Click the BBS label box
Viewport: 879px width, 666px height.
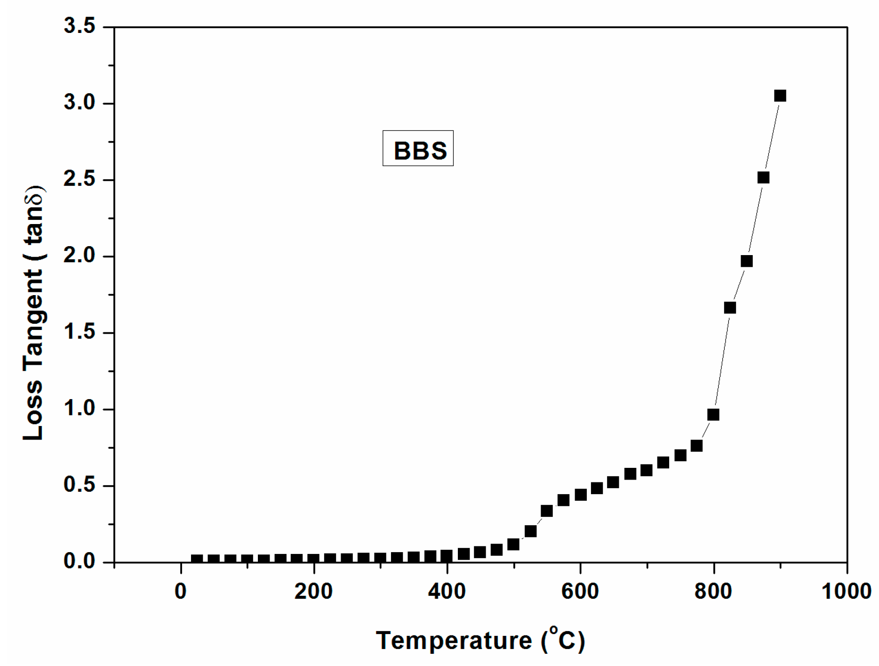(x=418, y=148)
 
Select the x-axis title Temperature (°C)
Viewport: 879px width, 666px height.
(x=480, y=640)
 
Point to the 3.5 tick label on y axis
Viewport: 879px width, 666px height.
(x=80, y=26)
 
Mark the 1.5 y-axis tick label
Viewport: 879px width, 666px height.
(x=80, y=332)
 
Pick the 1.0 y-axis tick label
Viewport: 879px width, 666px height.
(x=80, y=409)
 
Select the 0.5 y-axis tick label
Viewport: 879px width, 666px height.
(x=80, y=485)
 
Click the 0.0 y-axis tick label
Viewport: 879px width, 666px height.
(x=80, y=562)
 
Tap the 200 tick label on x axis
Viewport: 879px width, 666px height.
(x=313, y=591)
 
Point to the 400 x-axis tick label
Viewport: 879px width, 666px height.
(x=447, y=591)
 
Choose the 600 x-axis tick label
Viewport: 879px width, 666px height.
(x=580, y=591)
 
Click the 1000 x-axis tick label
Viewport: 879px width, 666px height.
(x=846, y=591)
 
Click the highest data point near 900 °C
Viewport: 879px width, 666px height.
(x=780, y=96)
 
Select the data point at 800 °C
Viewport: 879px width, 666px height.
(x=713, y=415)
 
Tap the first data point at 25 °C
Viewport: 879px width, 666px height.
(x=197, y=560)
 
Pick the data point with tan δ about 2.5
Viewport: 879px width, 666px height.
(x=763, y=177)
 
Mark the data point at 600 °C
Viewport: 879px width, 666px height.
(x=580, y=495)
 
